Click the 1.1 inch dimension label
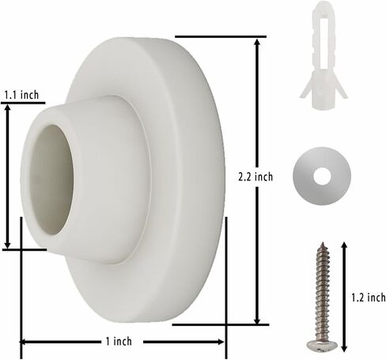[21, 95]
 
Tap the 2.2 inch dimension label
[255, 176]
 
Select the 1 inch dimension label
[119, 341]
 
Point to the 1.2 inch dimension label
[369, 297]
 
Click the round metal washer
[322, 176]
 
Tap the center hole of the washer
[322, 176]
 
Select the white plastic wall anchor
[324, 55]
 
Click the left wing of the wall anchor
[306, 89]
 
